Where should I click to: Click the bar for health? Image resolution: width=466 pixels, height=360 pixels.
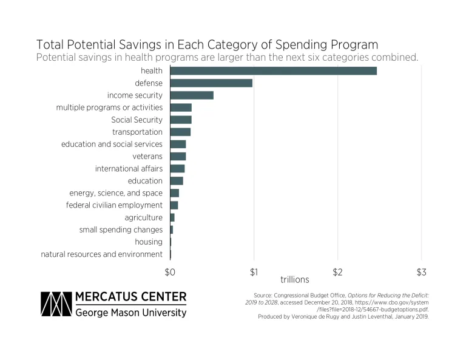click(x=273, y=71)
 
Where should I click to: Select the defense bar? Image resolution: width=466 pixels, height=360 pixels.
click(x=211, y=83)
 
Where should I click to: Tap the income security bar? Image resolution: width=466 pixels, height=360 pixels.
click(x=192, y=95)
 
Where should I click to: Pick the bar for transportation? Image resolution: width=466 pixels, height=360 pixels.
click(x=180, y=132)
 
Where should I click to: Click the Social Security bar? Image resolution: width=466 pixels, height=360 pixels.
click(x=181, y=120)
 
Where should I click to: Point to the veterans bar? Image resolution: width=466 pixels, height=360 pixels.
click(x=178, y=157)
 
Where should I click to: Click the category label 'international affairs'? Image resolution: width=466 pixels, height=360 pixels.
click(x=129, y=168)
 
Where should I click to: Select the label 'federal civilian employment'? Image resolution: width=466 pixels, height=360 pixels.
click(x=114, y=205)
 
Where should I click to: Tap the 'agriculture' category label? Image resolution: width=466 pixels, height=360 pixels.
click(x=143, y=217)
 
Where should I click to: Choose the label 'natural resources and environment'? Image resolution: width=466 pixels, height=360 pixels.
click(x=101, y=254)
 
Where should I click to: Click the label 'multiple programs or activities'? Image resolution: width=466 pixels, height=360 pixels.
click(x=109, y=107)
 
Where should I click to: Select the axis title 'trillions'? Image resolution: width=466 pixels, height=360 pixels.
click(x=295, y=280)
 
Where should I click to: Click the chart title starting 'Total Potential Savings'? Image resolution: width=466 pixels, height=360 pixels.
click(x=207, y=45)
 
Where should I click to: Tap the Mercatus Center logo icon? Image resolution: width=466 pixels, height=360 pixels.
click(x=55, y=305)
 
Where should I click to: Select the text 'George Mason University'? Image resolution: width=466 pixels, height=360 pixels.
click(x=130, y=313)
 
